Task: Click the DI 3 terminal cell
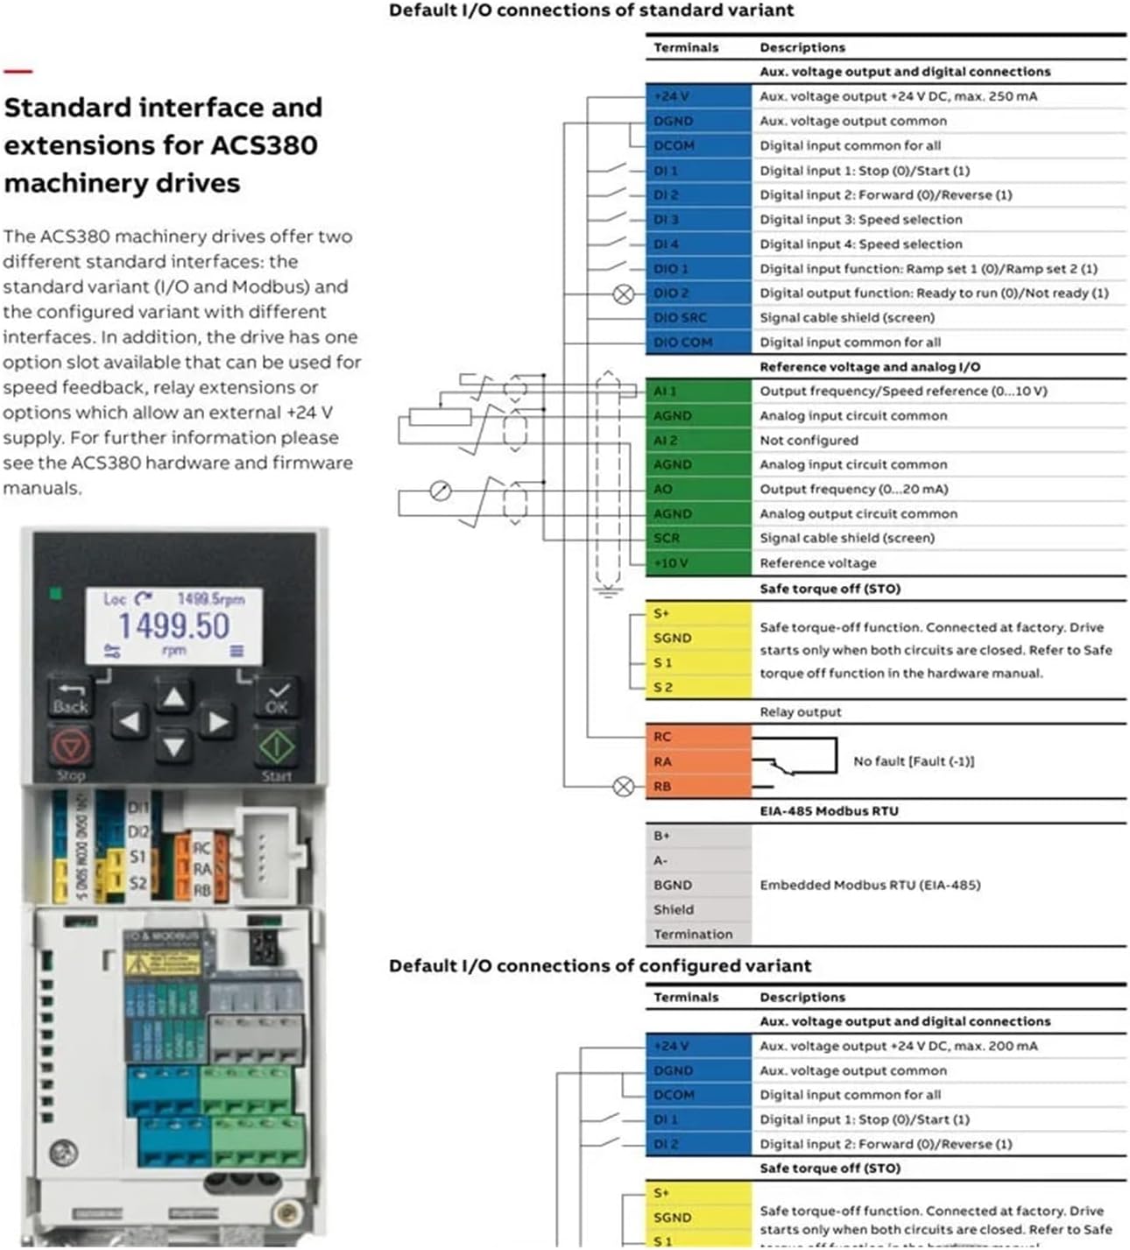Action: pos(697,220)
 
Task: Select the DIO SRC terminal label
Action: pos(697,318)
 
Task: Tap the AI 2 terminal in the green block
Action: pos(697,441)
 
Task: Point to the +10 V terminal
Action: pos(697,563)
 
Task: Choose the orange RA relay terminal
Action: pos(697,762)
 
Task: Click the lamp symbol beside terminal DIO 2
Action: pos(624,294)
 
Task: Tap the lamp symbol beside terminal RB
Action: pos(624,787)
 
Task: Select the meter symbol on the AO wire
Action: pos(441,491)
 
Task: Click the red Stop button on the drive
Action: pos(70,747)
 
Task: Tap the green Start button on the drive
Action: pos(277,746)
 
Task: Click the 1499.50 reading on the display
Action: pos(173,625)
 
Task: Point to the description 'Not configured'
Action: pos(809,441)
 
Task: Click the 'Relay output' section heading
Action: pos(800,712)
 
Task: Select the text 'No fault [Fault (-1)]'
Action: pos(914,762)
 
